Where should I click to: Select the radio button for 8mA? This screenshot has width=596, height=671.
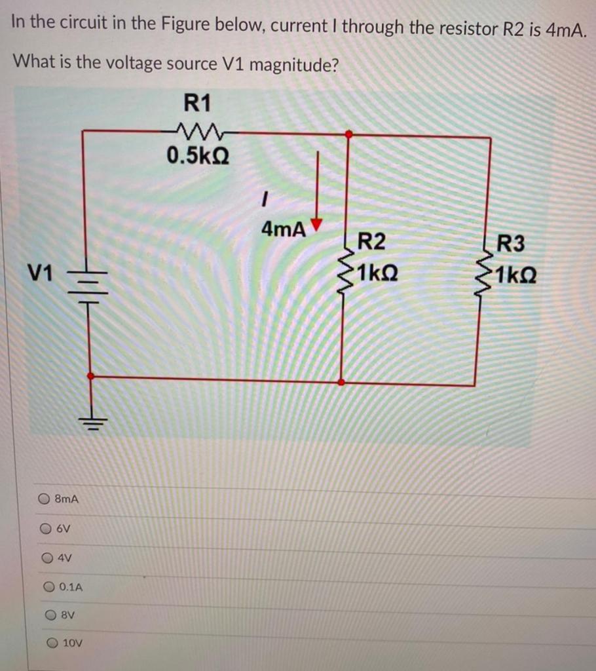point(44,499)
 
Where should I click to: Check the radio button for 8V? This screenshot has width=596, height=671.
point(51,615)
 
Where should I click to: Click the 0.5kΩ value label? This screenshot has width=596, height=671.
point(197,156)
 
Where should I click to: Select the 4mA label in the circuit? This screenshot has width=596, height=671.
point(283,229)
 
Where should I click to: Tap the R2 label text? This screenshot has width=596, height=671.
point(371,242)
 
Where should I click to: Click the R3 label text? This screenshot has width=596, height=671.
point(511,244)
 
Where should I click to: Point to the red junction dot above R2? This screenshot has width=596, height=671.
point(348,134)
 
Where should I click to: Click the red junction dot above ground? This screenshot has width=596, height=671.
point(91,376)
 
